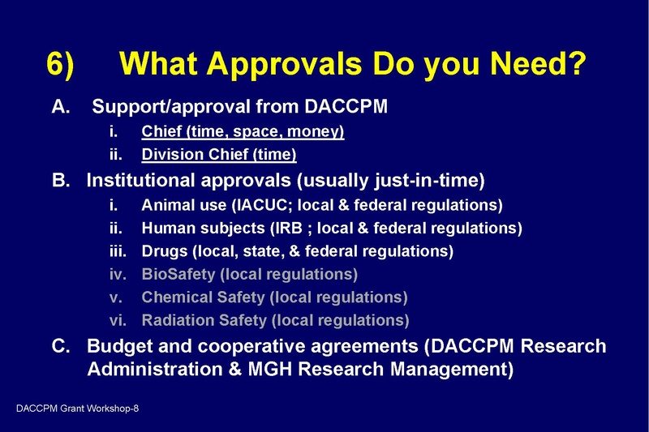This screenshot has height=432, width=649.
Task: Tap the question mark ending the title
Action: click(x=572, y=65)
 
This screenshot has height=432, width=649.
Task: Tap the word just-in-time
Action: click(x=433, y=179)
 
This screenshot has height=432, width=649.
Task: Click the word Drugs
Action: click(x=165, y=251)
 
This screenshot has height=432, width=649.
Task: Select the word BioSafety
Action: click(x=177, y=274)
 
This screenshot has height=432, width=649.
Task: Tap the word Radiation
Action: click(x=176, y=320)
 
